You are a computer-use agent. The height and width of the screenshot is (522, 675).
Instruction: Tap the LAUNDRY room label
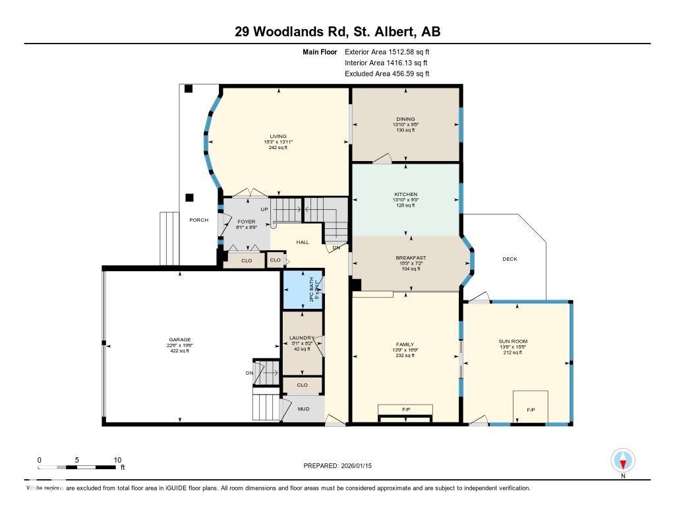point(303,338)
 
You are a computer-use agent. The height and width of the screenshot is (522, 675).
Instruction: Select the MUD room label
point(303,408)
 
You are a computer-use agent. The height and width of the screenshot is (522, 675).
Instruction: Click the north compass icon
point(623,460)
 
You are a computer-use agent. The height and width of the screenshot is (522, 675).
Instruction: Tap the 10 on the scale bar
point(117,460)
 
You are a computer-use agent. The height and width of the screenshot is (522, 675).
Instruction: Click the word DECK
point(510,259)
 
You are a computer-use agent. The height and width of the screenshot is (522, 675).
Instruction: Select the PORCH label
point(198,220)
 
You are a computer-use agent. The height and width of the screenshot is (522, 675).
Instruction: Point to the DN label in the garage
point(249,373)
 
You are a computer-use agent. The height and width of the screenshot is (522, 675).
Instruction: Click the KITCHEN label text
point(406,194)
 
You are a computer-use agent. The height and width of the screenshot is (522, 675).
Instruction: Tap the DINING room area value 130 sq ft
point(406,130)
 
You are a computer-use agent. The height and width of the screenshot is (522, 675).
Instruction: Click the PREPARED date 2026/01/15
point(339,465)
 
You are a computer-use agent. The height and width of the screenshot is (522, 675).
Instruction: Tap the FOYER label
point(245,222)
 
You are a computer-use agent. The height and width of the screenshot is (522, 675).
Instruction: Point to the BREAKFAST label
point(411,257)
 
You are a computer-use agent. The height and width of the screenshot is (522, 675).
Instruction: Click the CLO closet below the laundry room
point(303,385)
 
